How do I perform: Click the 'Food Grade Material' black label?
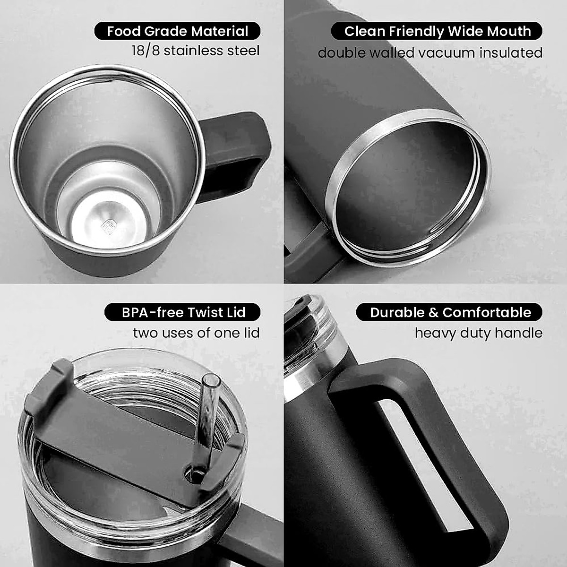click(177, 31)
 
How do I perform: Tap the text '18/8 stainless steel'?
click(196, 51)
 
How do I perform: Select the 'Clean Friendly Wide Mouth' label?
click(437, 31)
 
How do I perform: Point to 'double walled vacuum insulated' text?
click(430, 52)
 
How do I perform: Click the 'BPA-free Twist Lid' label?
click(183, 312)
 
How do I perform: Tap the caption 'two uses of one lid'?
click(196, 333)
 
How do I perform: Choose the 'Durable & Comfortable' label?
click(450, 312)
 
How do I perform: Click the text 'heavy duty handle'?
click(478, 333)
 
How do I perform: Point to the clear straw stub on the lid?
click(208, 406)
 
